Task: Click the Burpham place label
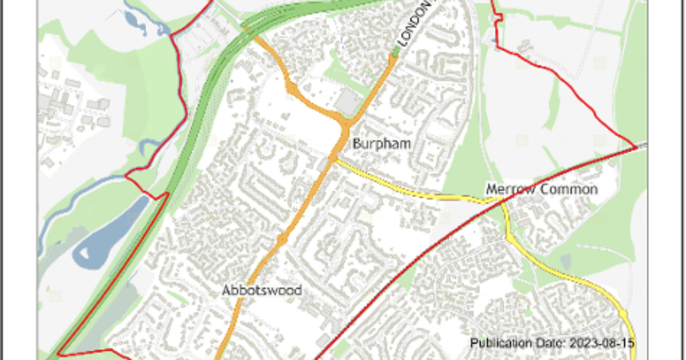click(x=381, y=143)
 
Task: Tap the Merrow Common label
click(x=541, y=189)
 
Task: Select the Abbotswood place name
click(x=262, y=290)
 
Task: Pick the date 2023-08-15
click(x=603, y=343)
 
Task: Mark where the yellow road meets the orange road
click(x=333, y=160)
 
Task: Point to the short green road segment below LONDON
click(x=395, y=53)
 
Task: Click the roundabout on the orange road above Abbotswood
click(x=281, y=238)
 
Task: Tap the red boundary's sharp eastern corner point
click(x=636, y=148)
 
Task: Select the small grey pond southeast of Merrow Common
click(x=565, y=262)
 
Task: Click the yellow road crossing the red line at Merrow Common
click(x=500, y=200)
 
